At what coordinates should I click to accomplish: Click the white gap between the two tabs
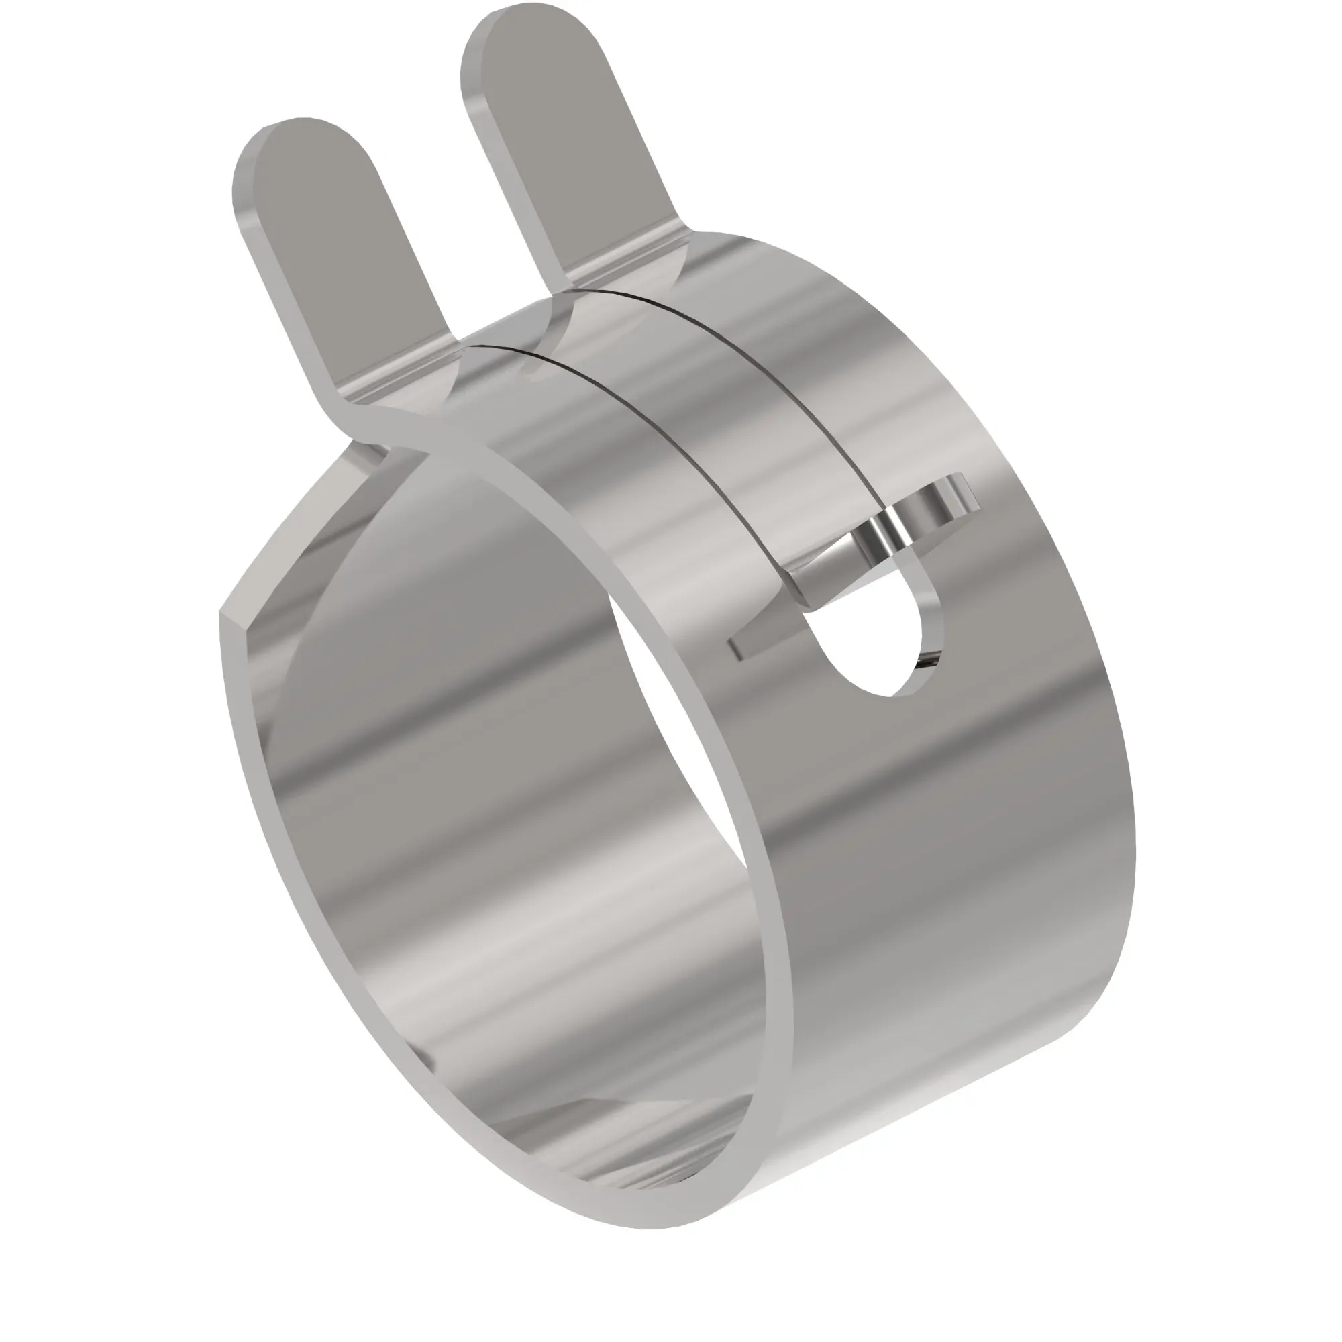(x=445, y=174)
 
